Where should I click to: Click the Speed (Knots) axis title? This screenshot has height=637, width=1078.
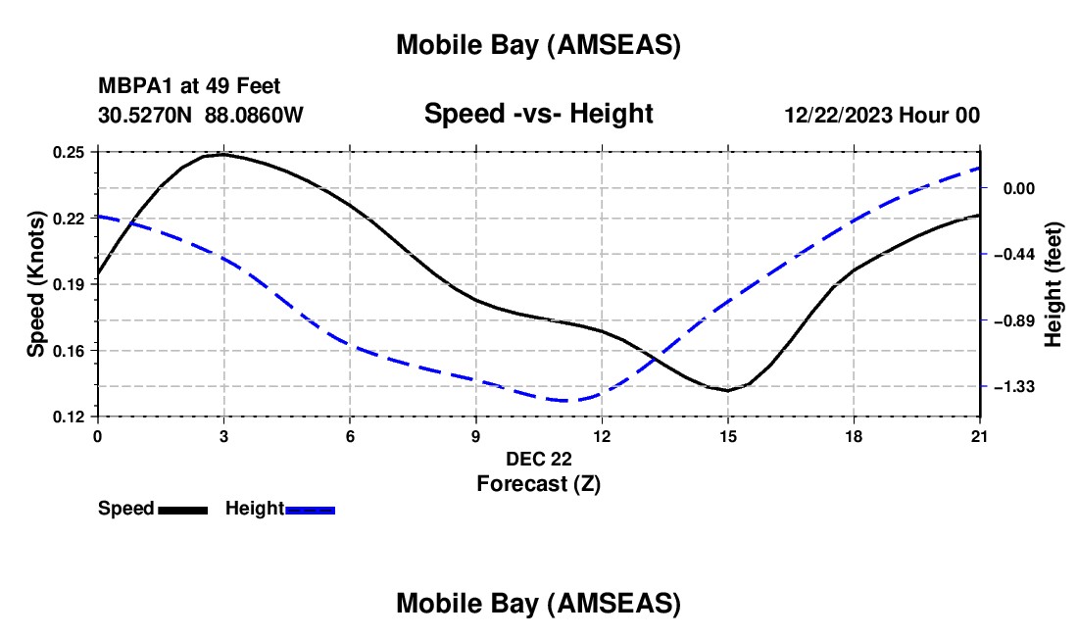click(x=35, y=284)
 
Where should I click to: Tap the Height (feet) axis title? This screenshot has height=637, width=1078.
click(x=1053, y=284)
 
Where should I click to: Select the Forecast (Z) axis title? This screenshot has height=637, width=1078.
click(x=538, y=483)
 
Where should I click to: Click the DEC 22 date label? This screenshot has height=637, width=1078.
click(x=538, y=458)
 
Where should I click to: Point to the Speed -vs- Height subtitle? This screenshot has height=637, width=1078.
click(x=538, y=114)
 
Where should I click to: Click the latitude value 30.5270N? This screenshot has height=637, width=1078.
click(x=146, y=115)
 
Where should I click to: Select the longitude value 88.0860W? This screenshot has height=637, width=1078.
click(x=254, y=115)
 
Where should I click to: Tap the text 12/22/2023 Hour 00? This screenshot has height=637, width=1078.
click(x=881, y=115)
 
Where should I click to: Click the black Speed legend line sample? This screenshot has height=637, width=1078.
click(x=182, y=510)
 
